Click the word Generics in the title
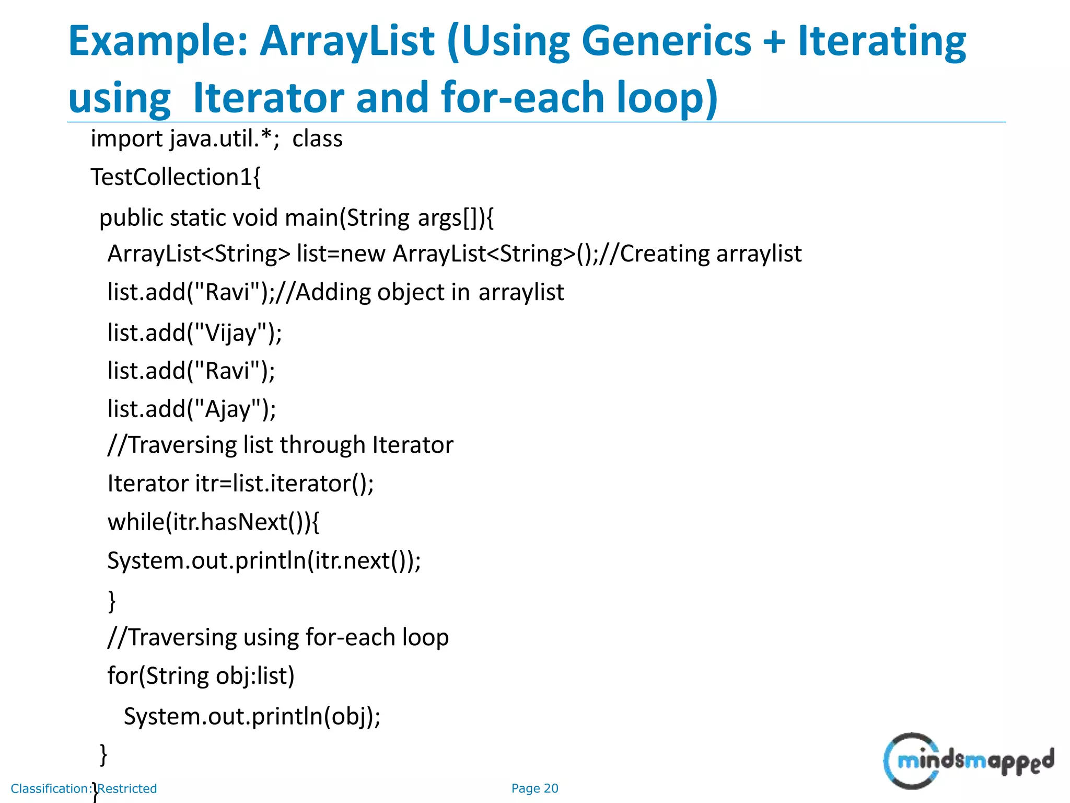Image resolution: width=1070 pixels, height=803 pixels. tap(666, 42)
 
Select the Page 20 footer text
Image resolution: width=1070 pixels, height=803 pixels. tap(534, 788)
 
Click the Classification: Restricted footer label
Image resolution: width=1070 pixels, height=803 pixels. tap(84, 788)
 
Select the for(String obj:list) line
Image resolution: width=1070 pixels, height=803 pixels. tap(201, 676)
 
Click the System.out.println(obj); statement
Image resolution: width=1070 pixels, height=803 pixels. tap(252, 716)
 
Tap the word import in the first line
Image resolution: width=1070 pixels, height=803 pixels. tap(127, 139)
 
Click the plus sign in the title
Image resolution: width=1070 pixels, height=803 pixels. tap(774, 42)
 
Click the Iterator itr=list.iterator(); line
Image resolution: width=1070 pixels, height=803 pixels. tap(241, 484)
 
